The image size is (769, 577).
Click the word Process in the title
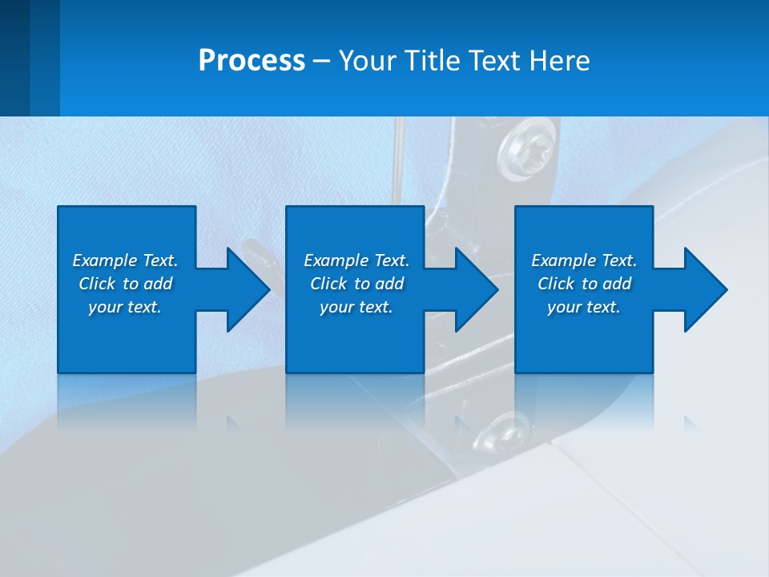click(252, 61)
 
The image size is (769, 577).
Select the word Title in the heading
click(428, 61)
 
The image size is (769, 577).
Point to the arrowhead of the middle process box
click(476, 289)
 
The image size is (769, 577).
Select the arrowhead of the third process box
click(704, 289)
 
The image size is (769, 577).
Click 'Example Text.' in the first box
click(125, 260)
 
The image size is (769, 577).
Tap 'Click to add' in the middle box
click(356, 284)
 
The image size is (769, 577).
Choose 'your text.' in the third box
click(584, 307)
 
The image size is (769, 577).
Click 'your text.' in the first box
click(125, 307)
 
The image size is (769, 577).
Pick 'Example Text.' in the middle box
click(356, 260)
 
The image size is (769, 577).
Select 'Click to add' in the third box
click(584, 284)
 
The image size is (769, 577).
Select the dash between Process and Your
click(322, 62)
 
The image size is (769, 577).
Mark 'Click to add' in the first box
click(125, 284)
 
